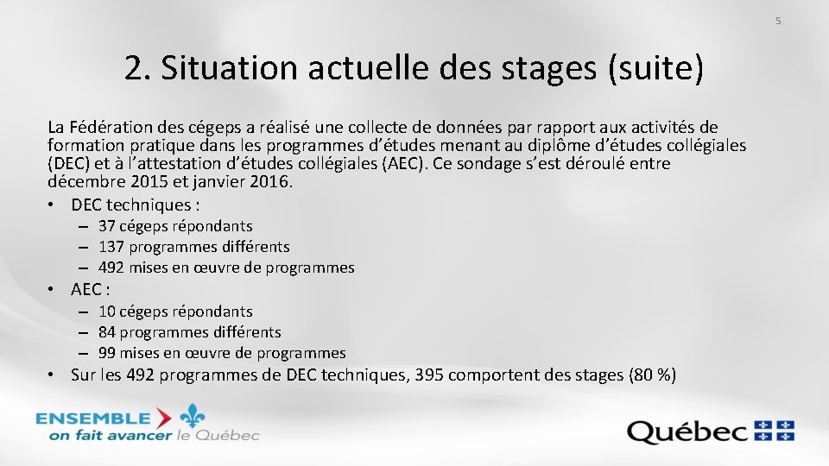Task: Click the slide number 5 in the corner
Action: [x=777, y=20]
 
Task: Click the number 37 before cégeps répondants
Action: [x=107, y=226]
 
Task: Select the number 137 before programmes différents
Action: [x=111, y=247]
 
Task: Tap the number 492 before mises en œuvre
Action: [x=111, y=268]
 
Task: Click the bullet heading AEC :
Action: [x=90, y=289]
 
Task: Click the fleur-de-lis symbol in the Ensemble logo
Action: [x=193, y=418]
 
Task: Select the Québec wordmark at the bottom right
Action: [x=688, y=431]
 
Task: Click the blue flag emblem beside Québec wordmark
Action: [x=775, y=430]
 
